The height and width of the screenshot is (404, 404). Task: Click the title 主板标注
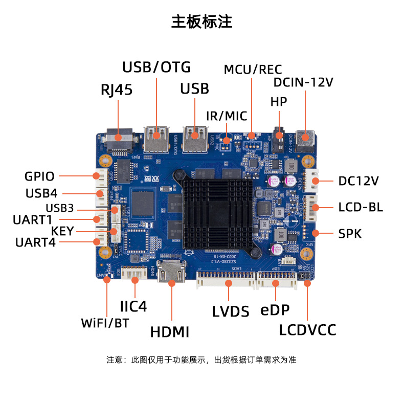pyautogui.click(x=201, y=21)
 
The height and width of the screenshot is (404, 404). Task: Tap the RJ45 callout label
pyautogui.click(x=116, y=91)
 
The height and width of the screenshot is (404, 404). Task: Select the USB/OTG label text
pyautogui.click(x=156, y=67)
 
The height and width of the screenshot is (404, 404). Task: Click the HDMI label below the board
pyautogui.click(x=170, y=332)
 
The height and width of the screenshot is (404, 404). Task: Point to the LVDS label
pyautogui.click(x=231, y=311)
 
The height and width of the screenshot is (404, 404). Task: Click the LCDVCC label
pyautogui.click(x=308, y=330)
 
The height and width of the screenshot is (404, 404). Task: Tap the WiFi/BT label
pyautogui.click(x=105, y=323)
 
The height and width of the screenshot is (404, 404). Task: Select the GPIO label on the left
pyautogui.click(x=39, y=176)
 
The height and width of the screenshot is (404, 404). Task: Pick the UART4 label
pyautogui.click(x=35, y=242)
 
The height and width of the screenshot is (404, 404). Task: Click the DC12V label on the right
pyautogui.click(x=358, y=181)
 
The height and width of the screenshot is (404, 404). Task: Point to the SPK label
pyautogui.click(x=350, y=234)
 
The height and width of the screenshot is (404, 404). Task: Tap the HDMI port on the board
pyautogui.click(x=172, y=273)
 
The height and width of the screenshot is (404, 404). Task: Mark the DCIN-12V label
pyautogui.click(x=303, y=82)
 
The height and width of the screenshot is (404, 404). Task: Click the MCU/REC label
pyautogui.click(x=253, y=70)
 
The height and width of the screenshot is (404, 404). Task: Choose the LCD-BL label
pyautogui.click(x=360, y=208)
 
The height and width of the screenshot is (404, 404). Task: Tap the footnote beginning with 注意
pyautogui.click(x=201, y=360)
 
